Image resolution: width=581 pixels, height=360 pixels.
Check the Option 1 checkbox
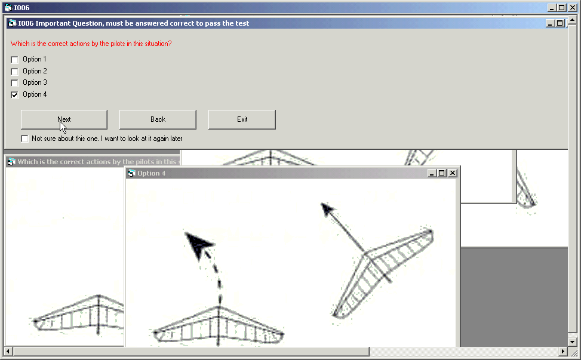click(x=14, y=60)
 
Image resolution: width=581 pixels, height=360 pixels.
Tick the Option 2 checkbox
click(x=14, y=72)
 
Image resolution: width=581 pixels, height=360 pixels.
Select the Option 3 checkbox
click(x=14, y=83)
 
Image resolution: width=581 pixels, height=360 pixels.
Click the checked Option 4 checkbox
click(x=14, y=95)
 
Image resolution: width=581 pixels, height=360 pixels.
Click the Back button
click(x=158, y=119)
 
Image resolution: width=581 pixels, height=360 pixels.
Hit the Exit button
click(x=242, y=119)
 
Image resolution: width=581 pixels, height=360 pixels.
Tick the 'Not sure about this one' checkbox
click(x=25, y=139)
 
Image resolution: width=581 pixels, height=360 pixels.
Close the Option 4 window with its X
click(x=453, y=173)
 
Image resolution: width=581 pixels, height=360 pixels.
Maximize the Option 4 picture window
click(x=442, y=173)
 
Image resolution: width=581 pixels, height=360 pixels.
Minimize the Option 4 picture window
click(x=432, y=173)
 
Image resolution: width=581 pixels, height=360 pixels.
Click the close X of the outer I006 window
click(x=572, y=7)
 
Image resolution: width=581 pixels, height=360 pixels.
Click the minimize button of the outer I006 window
click(x=552, y=7)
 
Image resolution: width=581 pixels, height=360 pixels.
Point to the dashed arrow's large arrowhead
click(x=198, y=244)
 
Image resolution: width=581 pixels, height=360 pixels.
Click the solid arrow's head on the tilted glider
click(x=327, y=209)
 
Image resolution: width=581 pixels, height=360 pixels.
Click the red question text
click(x=91, y=44)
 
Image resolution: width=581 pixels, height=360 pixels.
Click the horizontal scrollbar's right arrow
click(x=563, y=351)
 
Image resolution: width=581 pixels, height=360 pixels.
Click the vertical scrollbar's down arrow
click(x=573, y=342)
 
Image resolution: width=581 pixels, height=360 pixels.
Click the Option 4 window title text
click(x=152, y=173)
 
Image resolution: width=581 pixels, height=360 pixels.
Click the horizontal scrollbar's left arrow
click(x=8, y=351)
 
